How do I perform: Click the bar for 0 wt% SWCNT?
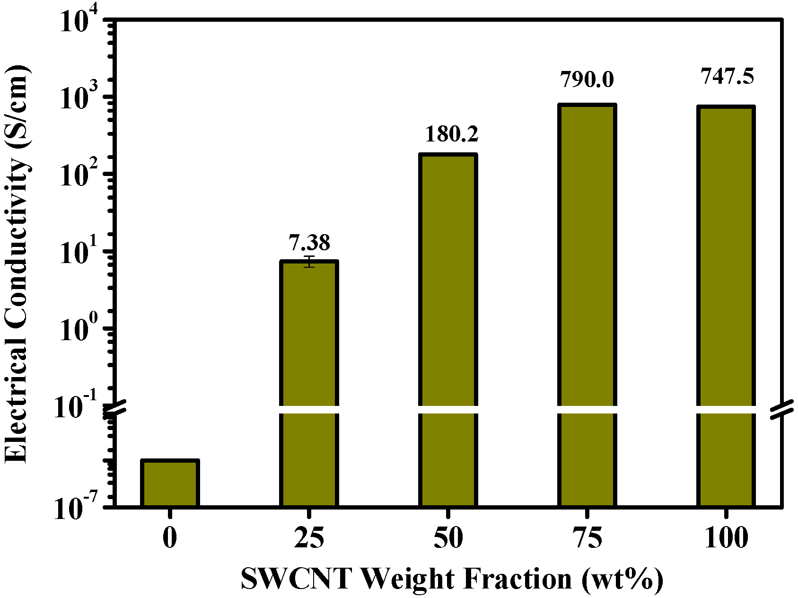170,483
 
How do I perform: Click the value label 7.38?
309,243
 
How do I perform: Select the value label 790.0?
587,79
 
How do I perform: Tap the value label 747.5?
727,76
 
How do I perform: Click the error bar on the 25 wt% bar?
309,262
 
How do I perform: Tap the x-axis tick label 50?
447,539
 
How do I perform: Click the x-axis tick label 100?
726,539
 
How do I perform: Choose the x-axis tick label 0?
169,539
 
